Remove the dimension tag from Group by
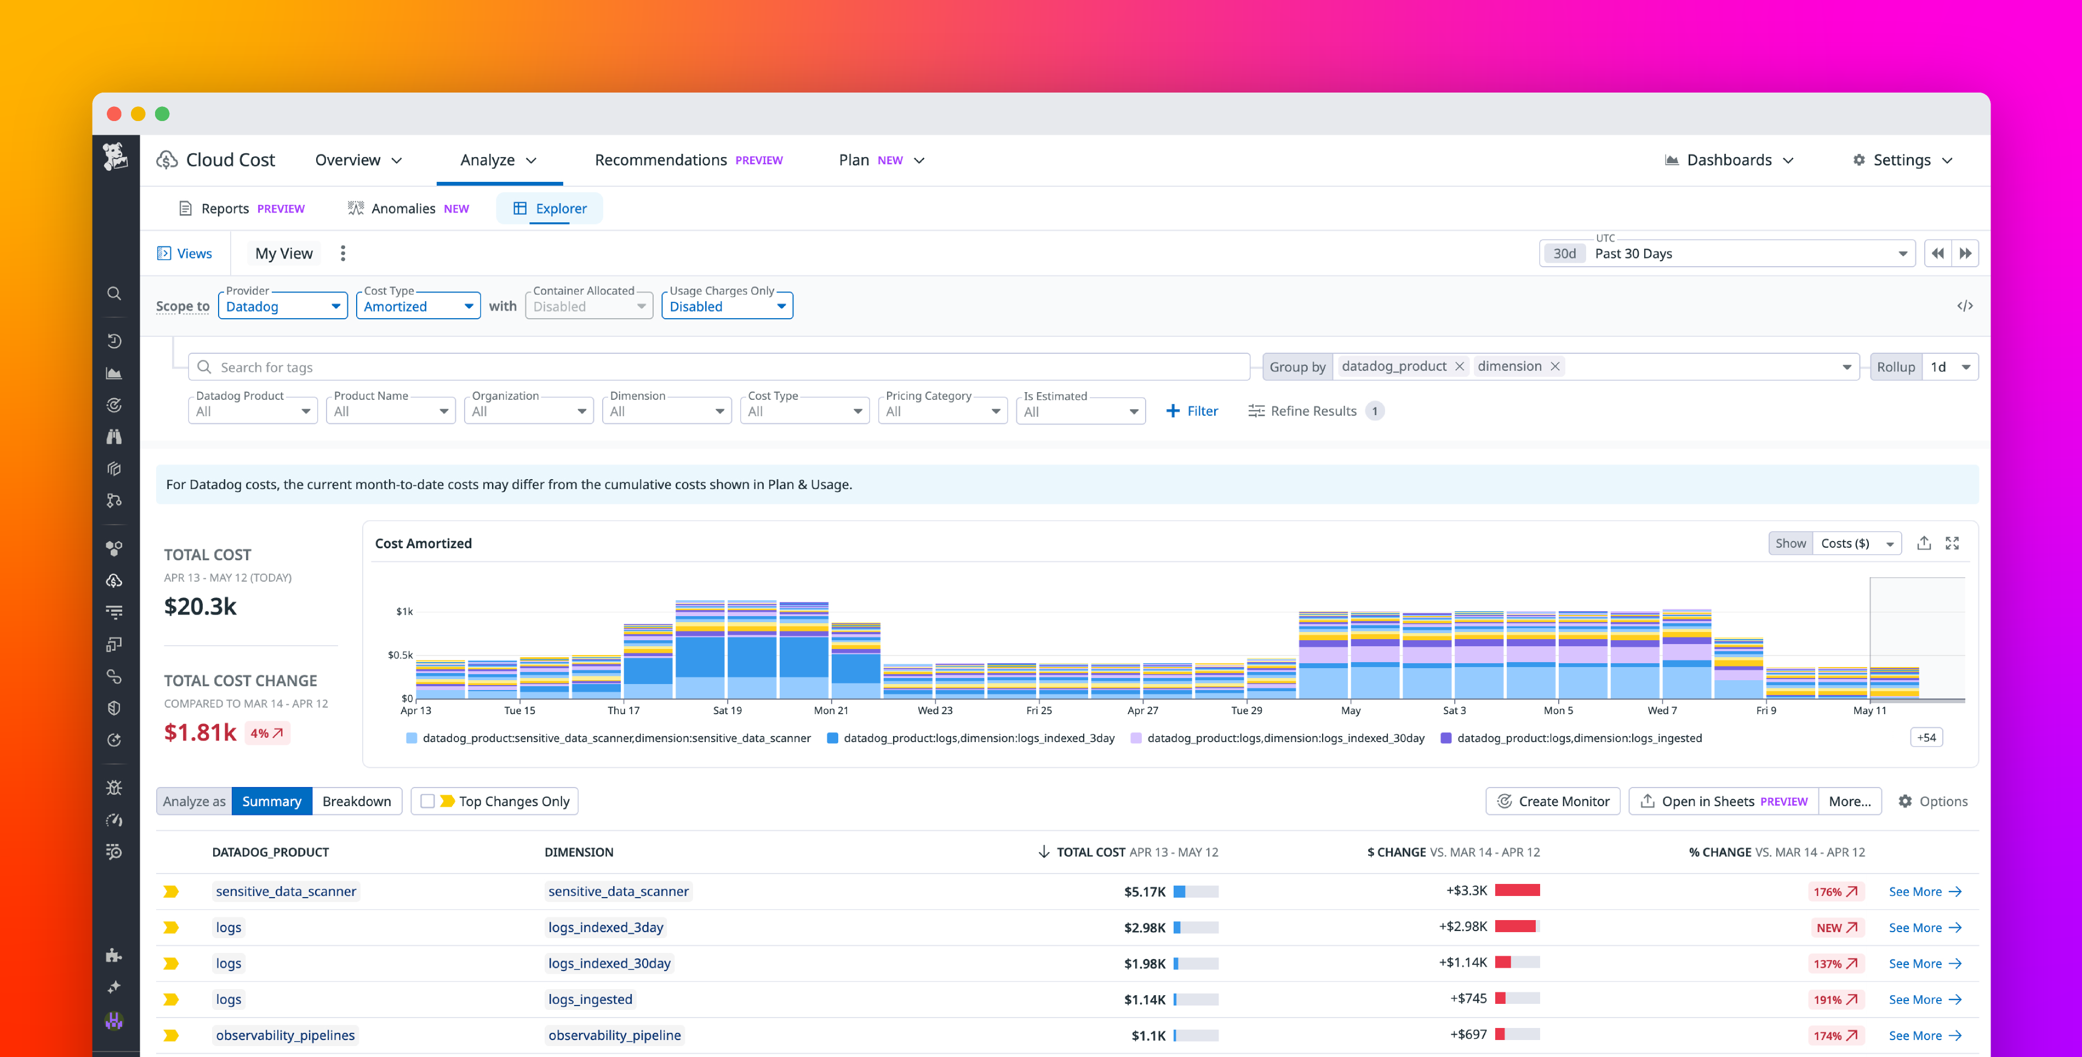(x=1554, y=366)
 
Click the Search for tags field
(x=719, y=367)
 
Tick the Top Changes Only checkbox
(x=427, y=801)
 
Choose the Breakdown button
(x=357, y=801)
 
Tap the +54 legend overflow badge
(x=1926, y=737)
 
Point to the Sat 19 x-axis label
(x=727, y=710)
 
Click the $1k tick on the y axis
(x=404, y=611)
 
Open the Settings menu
(x=1902, y=160)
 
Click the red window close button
(x=114, y=114)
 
